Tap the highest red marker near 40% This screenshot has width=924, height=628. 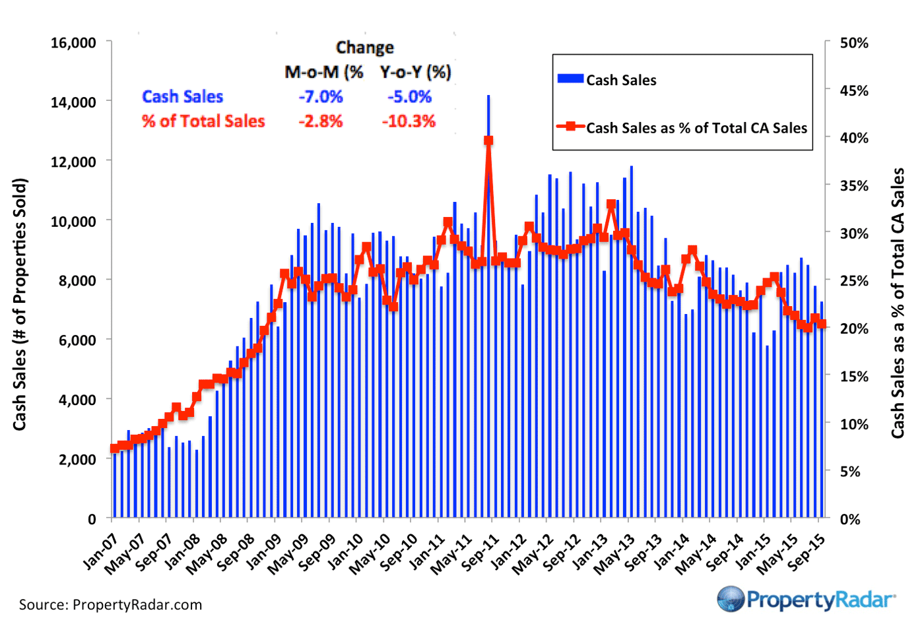(488, 141)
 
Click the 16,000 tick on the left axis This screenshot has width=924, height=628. (73, 43)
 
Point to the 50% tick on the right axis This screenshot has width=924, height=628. (854, 43)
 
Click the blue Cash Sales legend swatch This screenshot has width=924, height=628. (570, 79)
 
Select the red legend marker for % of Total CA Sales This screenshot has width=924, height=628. (570, 127)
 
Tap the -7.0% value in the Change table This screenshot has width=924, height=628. (321, 97)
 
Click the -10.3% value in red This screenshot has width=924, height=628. (409, 121)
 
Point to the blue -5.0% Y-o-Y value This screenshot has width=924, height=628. (409, 97)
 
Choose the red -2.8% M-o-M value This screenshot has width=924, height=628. (321, 121)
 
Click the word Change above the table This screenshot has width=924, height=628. (364, 47)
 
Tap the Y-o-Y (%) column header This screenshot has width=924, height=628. (415, 72)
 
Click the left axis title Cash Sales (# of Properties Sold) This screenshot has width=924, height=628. (20, 303)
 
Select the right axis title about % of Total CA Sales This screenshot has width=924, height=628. (898, 303)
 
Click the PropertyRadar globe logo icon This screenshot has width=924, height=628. (731, 599)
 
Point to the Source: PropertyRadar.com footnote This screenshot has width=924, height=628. (110, 605)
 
